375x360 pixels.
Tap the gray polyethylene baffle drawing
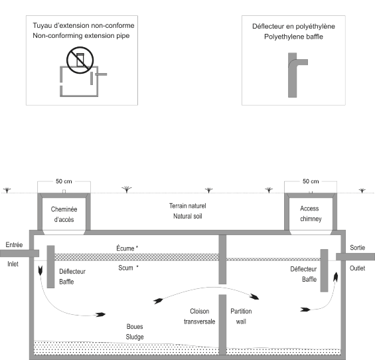292,79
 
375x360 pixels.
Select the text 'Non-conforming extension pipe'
81,36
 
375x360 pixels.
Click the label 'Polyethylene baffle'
293,37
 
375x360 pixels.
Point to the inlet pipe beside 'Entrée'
19,253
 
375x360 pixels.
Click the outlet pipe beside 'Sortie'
355,256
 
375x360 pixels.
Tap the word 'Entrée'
14,244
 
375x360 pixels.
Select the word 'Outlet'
357,268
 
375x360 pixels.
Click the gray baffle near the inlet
50,266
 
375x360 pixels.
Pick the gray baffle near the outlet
324,270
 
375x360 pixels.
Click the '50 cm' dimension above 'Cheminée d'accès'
64,181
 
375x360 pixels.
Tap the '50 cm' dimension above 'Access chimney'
311,181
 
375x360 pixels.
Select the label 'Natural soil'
188,216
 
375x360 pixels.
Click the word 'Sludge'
135,337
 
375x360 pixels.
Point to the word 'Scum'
125,268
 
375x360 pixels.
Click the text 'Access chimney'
311,213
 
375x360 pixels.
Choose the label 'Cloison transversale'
200,316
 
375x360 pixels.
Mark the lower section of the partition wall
222,325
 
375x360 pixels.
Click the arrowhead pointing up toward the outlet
336,277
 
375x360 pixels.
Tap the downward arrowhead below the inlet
40,270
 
